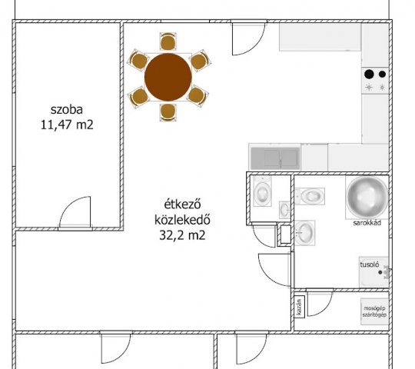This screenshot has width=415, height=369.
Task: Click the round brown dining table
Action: tap(168, 77)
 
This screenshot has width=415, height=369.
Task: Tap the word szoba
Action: tap(67, 110)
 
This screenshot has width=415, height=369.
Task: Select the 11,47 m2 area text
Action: tap(67, 125)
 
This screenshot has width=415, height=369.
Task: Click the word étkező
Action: tap(182, 204)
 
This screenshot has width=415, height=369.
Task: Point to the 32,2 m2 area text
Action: tap(182, 235)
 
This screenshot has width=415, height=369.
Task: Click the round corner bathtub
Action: tap(367, 197)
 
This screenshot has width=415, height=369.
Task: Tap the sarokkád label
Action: tap(367, 223)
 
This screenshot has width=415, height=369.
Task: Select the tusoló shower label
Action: tap(370, 264)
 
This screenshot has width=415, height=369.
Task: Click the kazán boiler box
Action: tap(300, 307)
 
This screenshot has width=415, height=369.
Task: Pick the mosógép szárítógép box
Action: tap(374, 312)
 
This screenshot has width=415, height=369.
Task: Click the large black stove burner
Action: tap(369, 74)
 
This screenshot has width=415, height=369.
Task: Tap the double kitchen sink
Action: tap(275, 158)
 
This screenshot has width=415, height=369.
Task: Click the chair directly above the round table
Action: tap(168, 42)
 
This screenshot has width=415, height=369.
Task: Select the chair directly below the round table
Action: tap(168, 112)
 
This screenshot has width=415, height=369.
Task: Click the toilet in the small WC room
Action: tap(262, 191)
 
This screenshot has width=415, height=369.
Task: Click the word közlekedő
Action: tap(182, 220)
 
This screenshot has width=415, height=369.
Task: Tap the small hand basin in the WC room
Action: tap(285, 210)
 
